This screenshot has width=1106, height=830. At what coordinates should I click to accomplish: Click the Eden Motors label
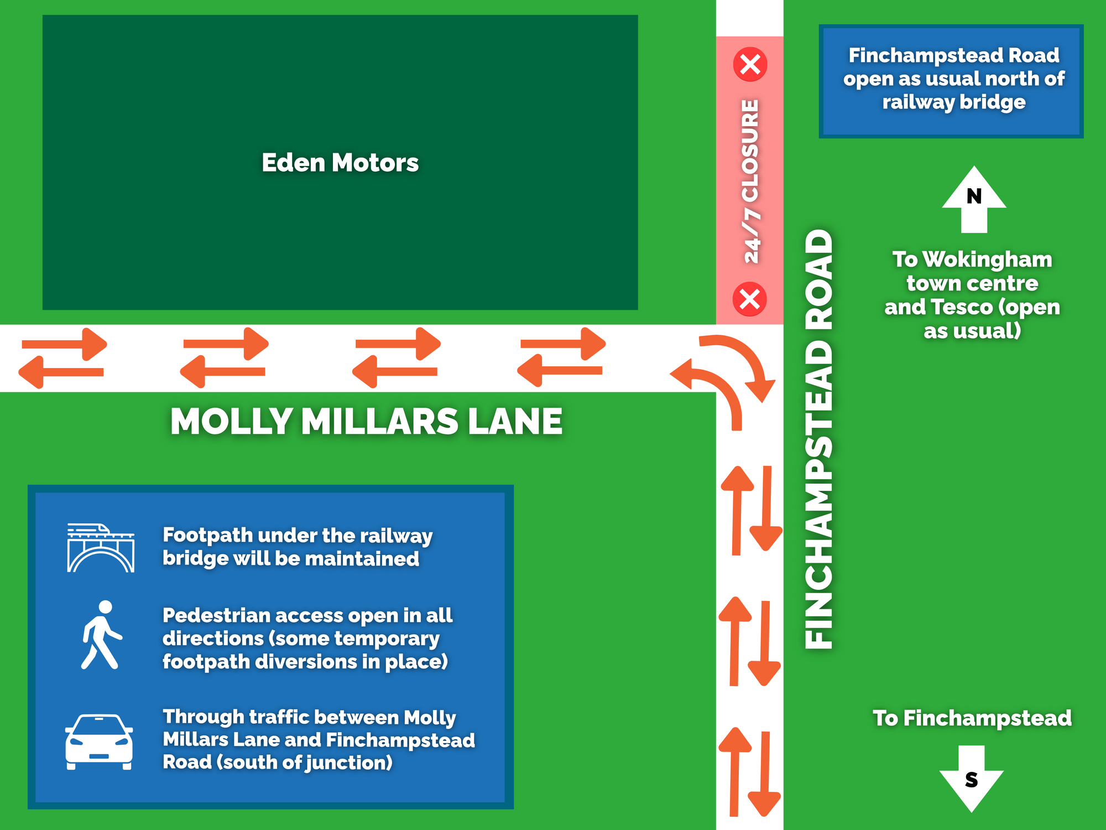[x=340, y=163]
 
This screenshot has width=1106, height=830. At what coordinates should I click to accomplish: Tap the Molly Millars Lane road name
[x=366, y=422]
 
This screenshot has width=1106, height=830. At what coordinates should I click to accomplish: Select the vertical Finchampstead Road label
[x=818, y=439]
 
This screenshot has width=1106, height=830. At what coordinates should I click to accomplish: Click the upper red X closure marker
[x=750, y=64]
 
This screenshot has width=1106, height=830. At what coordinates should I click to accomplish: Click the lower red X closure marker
[x=750, y=299]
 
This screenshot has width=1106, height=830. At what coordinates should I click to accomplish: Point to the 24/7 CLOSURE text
[x=750, y=181]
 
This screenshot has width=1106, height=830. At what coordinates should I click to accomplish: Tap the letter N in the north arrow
[x=974, y=196]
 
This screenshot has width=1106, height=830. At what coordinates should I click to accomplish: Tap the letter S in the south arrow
[x=971, y=780]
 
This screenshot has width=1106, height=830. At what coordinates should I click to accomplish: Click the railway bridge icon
[x=101, y=548]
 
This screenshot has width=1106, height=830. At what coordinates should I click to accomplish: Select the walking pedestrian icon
[x=102, y=635]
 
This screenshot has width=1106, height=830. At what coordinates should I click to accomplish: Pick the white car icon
[x=99, y=741]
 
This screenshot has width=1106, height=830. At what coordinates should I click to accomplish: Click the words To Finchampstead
[x=972, y=718]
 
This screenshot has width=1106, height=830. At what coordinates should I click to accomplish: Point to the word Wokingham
[x=987, y=260]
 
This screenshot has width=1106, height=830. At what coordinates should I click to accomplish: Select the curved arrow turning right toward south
[x=741, y=362]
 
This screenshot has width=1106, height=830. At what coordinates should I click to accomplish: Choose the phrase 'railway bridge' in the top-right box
[x=954, y=102]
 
